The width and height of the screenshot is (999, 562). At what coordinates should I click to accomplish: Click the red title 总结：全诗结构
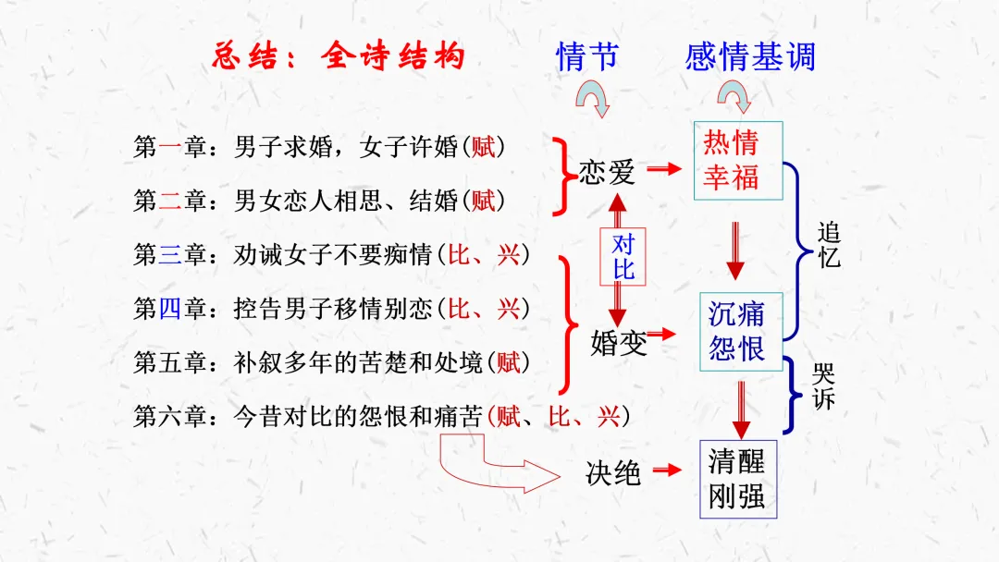coord(338,57)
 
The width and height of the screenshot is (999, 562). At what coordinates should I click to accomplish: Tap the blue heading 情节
coord(586,57)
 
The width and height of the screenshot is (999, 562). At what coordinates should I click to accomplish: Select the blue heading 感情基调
coord(750,57)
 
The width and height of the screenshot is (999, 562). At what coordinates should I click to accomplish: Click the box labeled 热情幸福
coord(737,160)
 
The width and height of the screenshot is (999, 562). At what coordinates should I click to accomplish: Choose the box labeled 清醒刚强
coord(737,478)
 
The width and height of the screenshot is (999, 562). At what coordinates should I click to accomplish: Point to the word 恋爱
coord(607,172)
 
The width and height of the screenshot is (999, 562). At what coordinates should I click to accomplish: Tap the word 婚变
coord(619,343)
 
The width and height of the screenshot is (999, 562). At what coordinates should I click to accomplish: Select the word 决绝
coord(613,473)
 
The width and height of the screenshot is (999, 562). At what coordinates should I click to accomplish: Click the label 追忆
coord(829,245)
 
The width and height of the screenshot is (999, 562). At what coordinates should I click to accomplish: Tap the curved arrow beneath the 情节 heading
coord(592,98)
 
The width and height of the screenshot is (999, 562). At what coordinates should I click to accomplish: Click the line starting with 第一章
coord(319,146)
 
